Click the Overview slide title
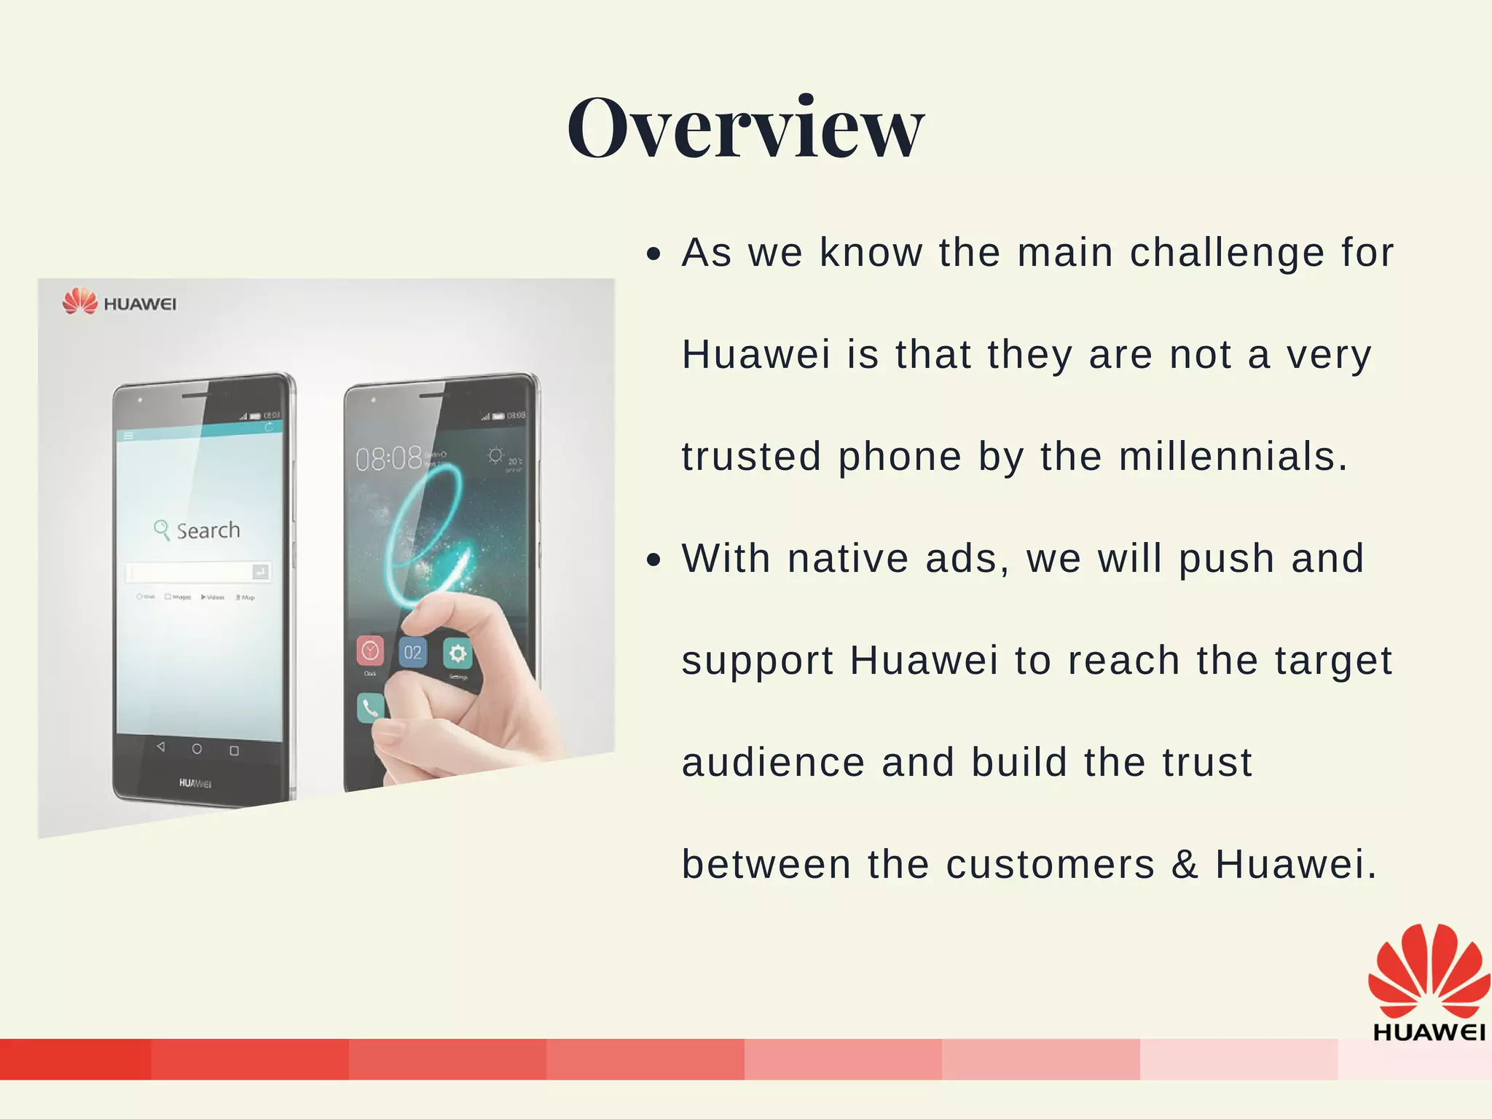(x=745, y=128)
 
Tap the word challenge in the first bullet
(x=1226, y=253)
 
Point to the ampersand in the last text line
(x=1185, y=865)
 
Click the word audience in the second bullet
(x=773, y=763)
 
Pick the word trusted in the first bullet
(x=750, y=457)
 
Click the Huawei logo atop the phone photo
(x=119, y=302)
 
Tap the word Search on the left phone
(x=208, y=530)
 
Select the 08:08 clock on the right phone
(x=388, y=459)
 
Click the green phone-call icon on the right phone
(x=370, y=707)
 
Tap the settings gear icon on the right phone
(x=458, y=653)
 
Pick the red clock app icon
(x=370, y=651)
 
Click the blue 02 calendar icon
(x=412, y=652)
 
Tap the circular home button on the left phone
(x=197, y=749)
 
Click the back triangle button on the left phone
(x=160, y=747)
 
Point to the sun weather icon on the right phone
(x=495, y=456)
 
